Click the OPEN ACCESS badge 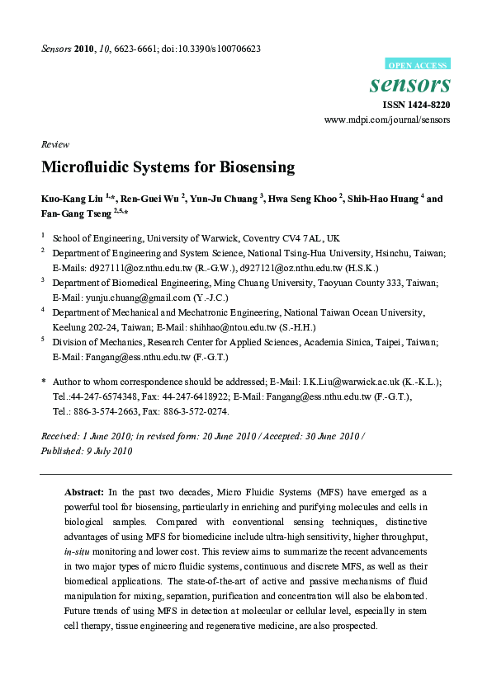pyautogui.click(x=419, y=64)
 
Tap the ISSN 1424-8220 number pyautogui.click(x=416, y=105)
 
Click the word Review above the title pyautogui.click(x=54, y=143)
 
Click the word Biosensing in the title pyautogui.click(x=257, y=166)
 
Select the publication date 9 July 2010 pyautogui.click(x=106, y=451)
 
